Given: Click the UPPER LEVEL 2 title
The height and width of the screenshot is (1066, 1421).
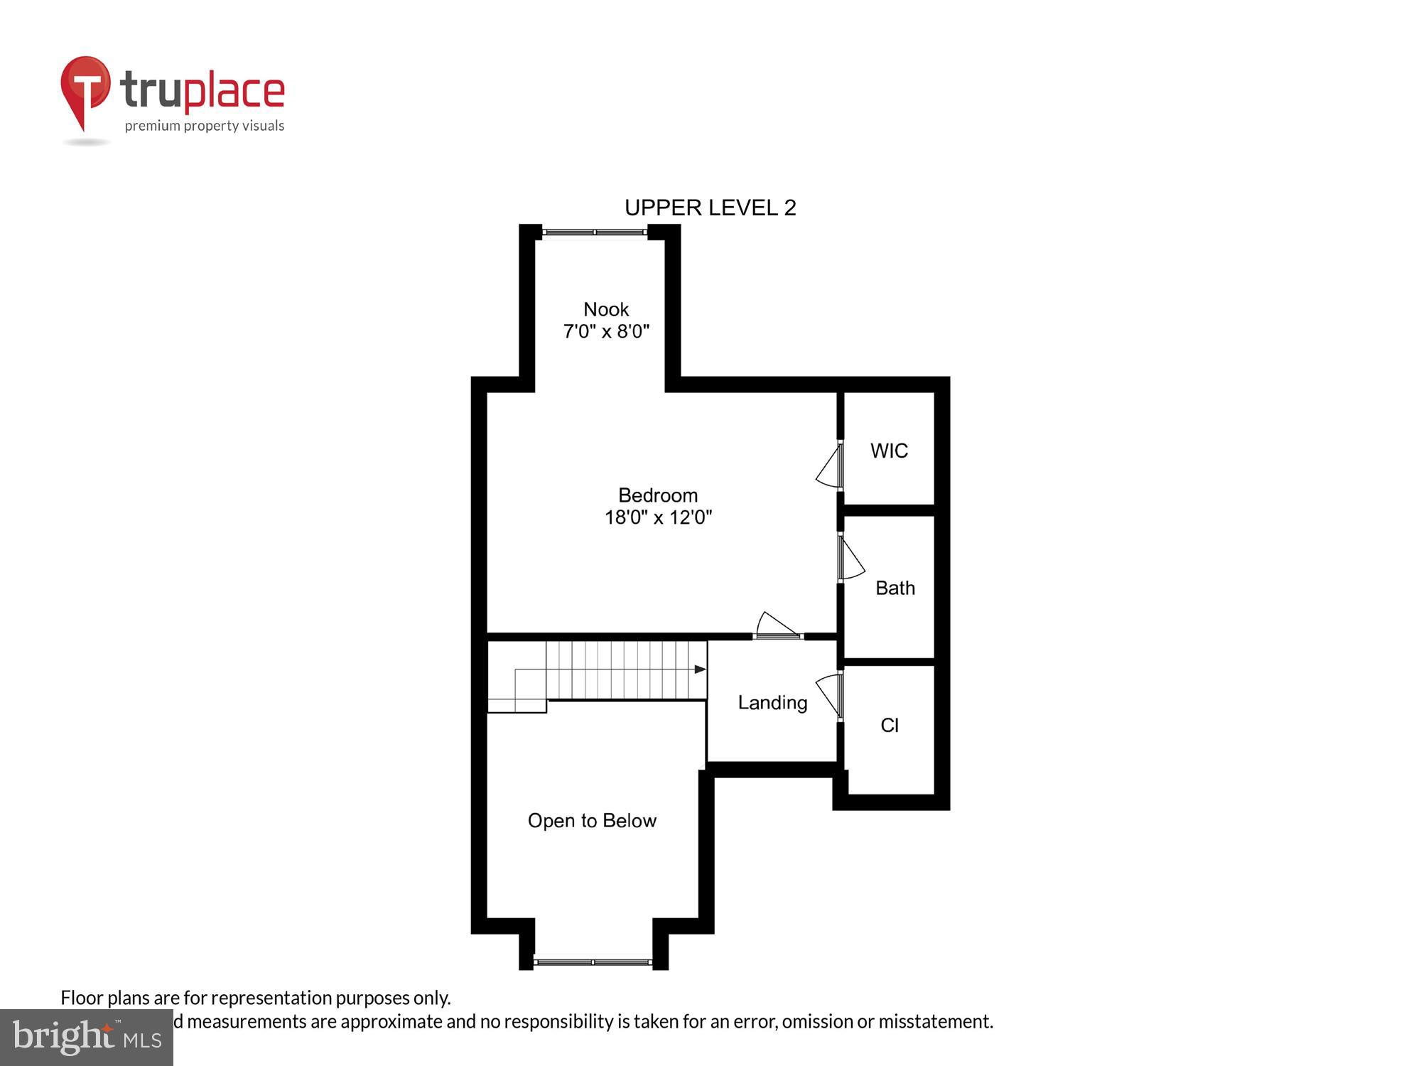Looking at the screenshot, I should pos(710,208).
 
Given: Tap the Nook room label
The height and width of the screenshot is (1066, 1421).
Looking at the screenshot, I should pos(606,309).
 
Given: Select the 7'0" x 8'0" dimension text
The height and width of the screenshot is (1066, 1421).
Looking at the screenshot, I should pos(606,332).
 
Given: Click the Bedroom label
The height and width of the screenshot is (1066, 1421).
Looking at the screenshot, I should pos(658,495).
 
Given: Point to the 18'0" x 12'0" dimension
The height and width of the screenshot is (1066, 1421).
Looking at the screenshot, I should pos(658,517).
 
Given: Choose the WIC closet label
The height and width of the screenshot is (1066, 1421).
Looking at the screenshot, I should pos(889,451).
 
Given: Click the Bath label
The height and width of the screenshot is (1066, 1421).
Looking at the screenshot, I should pos(895,588).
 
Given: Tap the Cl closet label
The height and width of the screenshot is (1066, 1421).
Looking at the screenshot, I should pos(890,725).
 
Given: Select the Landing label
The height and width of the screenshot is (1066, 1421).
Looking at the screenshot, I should pos(772,703).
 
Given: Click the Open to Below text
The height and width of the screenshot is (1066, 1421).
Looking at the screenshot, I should pos(592,821).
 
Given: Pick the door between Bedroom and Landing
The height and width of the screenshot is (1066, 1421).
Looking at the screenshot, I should pos(777,627).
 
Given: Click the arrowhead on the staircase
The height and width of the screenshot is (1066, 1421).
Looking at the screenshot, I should pos(700,669).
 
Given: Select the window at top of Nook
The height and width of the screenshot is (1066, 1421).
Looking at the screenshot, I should pos(594,232).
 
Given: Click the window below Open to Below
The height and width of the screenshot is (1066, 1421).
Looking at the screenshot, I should pos(593,962).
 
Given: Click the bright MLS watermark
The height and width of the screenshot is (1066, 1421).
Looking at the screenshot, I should pos(87,1038).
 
